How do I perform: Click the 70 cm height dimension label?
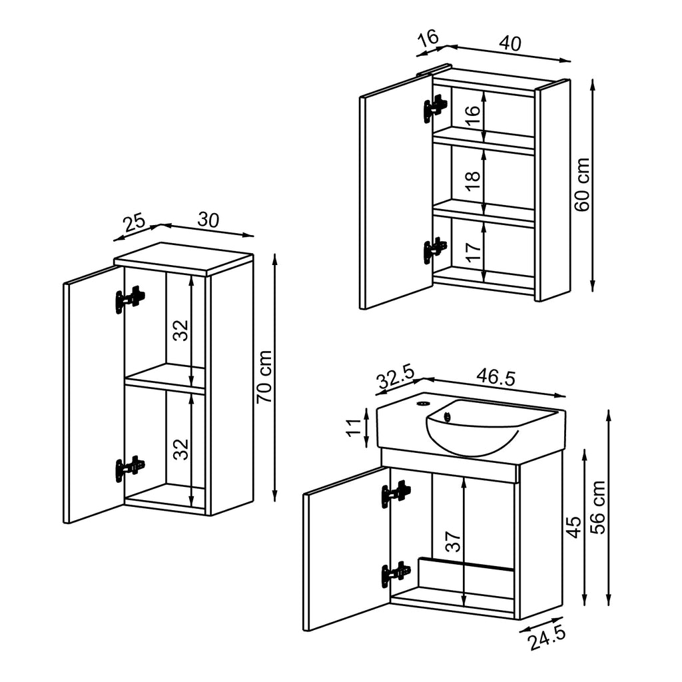264,376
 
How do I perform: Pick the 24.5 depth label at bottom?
547,641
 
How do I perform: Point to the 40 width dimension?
510,43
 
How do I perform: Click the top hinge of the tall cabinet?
130,299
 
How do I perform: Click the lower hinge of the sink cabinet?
396,573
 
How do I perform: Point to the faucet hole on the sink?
422,403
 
